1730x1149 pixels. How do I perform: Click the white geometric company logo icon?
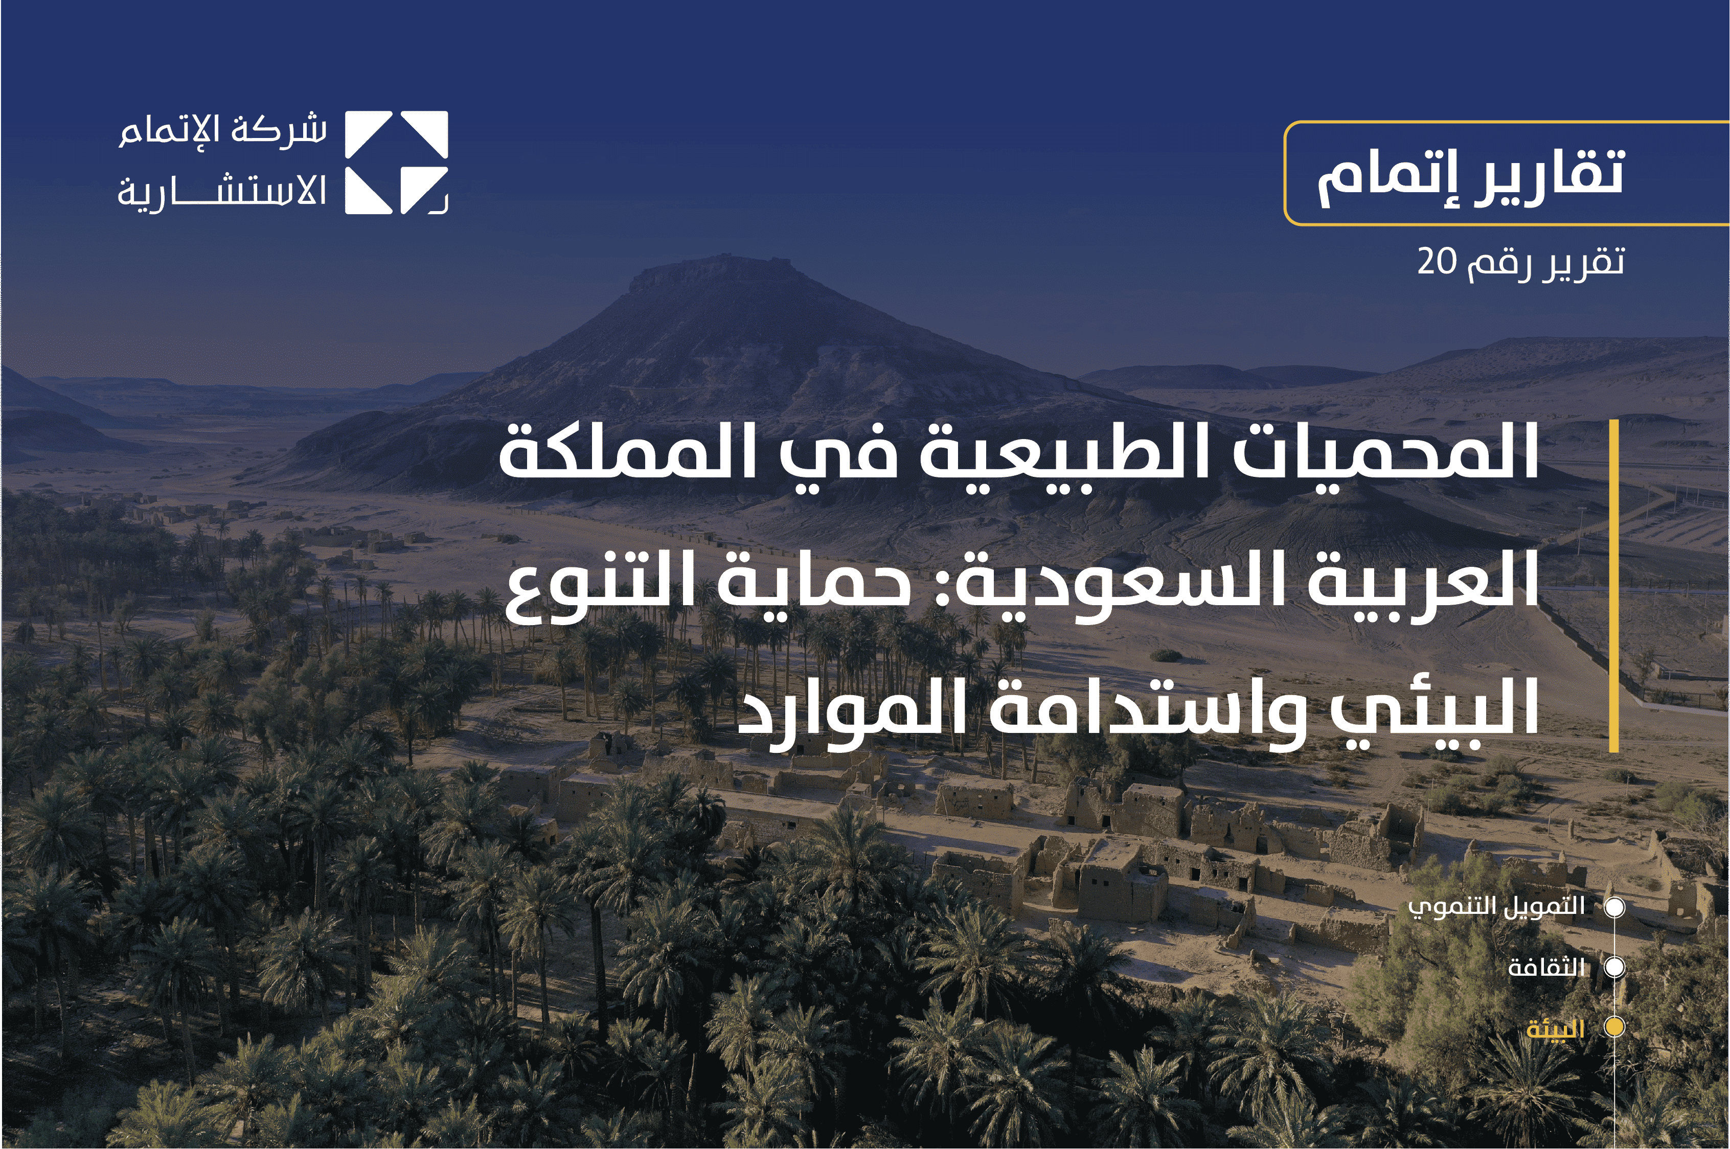coord(396,163)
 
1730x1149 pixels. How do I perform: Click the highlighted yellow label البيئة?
coord(1556,1029)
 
